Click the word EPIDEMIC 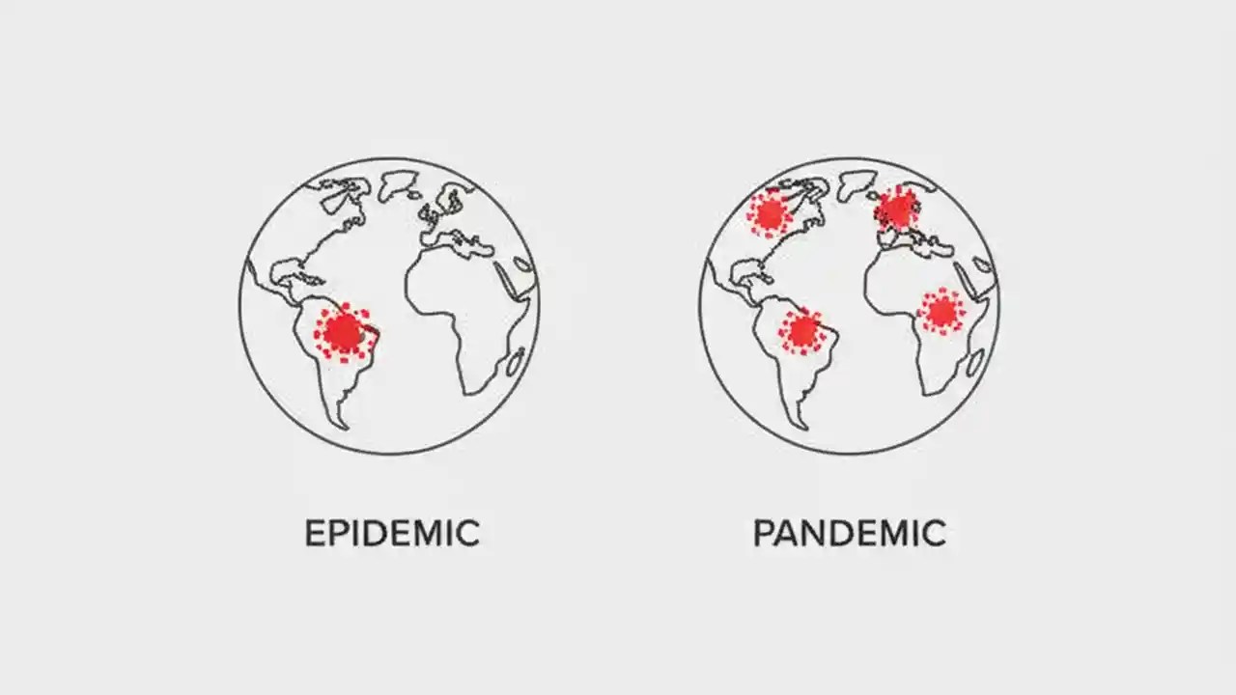(392, 534)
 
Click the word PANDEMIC (849, 534)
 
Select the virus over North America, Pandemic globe (770, 213)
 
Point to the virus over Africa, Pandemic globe (941, 311)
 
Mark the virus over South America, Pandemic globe (802, 331)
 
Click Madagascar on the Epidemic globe (517, 362)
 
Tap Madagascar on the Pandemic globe (975, 362)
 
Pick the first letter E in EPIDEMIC (314, 534)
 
